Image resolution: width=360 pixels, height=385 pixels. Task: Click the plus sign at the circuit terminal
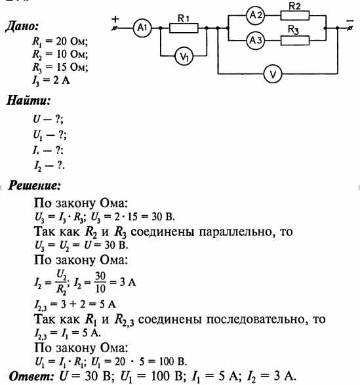tap(115, 18)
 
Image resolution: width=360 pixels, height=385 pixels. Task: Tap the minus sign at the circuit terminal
tap(350, 21)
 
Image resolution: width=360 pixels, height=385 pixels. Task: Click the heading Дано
tap(22, 26)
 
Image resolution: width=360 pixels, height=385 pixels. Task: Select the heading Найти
tap(28, 100)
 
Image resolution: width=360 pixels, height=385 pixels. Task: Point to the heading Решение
tap(34, 186)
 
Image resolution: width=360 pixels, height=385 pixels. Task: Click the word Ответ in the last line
tap(31, 376)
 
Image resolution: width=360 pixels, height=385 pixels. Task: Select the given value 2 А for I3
tap(62, 80)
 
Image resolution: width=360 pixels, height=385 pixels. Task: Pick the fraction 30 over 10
tap(100, 283)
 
